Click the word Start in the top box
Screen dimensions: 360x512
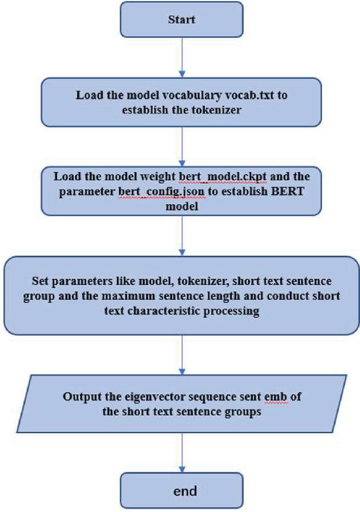(181, 20)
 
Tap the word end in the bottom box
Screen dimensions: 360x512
(185, 491)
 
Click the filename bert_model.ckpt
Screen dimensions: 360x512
(222, 177)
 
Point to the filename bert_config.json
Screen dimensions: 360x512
(161, 192)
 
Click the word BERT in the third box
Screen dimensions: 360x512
(288, 191)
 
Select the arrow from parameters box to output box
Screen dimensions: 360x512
(182, 355)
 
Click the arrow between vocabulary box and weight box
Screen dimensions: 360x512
(182, 147)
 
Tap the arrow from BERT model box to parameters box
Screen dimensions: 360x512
(182, 236)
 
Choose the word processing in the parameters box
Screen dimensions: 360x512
(231, 311)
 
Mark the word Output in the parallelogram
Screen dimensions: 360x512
(80, 397)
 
